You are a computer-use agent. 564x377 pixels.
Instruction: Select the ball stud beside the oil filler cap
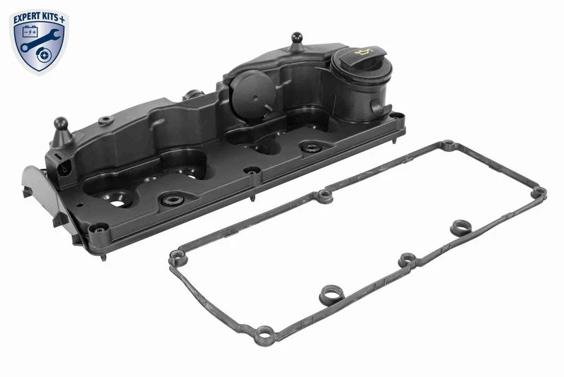click(297, 42)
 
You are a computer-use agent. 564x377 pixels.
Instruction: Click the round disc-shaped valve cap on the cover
click(252, 93)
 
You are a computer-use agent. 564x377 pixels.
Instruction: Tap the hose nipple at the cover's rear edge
click(193, 95)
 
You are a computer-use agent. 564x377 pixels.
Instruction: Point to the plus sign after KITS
click(62, 20)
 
